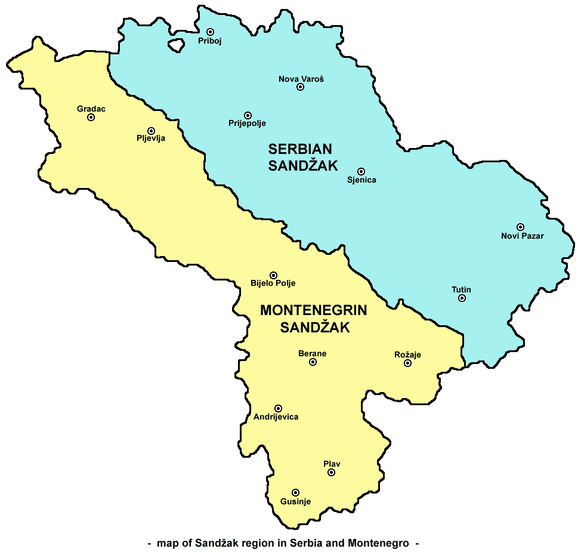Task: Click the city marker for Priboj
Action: click(210, 32)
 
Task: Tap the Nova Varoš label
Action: click(301, 78)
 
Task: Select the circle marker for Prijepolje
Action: click(248, 115)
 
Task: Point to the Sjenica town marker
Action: click(361, 171)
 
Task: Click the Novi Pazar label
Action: click(522, 236)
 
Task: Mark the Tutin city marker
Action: click(462, 298)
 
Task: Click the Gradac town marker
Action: click(91, 118)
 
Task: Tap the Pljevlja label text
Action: click(151, 139)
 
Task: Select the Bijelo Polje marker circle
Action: click(273, 275)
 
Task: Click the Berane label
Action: click(312, 353)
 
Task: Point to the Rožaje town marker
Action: click(408, 363)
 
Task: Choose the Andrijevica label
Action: click(276, 417)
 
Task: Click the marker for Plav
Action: click(331, 472)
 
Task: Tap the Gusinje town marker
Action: click(295, 492)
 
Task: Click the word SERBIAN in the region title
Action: click(300, 149)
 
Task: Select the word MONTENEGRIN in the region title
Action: click(313, 310)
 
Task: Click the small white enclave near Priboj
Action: click(175, 45)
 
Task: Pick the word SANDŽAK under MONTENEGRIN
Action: click(314, 328)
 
